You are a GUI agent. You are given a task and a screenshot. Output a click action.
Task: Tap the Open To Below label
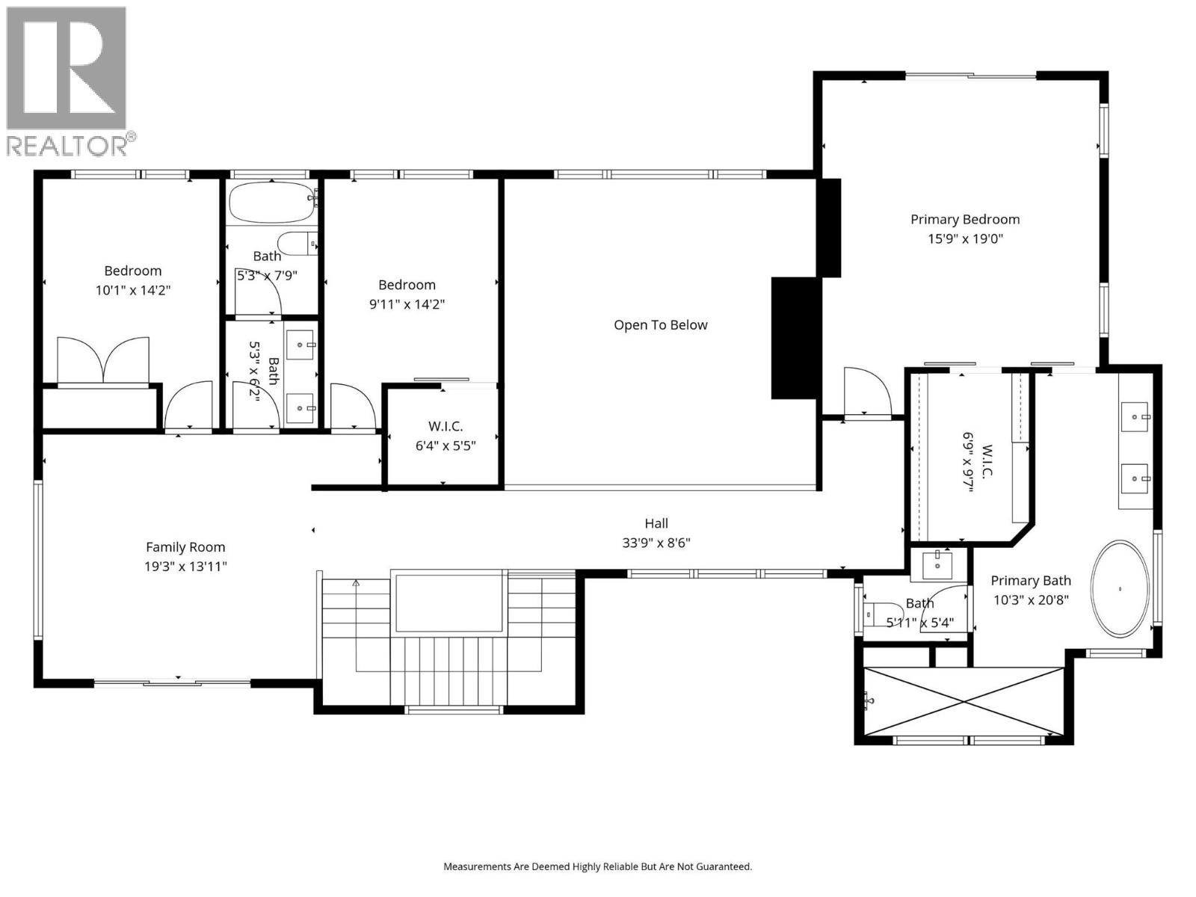pyautogui.click(x=660, y=325)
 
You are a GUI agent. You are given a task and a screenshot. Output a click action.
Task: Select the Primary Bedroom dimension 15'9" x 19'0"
pyautogui.click(x=964, y=239)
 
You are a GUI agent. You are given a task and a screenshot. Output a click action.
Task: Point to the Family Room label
pyautogui.click(x=185, y=547)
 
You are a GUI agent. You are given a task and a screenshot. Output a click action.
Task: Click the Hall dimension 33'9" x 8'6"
pyautogui.click(x=656, y=543)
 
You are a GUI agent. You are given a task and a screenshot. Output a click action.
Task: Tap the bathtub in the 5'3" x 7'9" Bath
pyautogui.click(x=271, y=202)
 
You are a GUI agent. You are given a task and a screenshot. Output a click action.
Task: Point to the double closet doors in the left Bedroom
pyautogui.click(x=104, y=360)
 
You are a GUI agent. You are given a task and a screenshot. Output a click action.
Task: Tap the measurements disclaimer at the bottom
pyautogui.click(x=597, y=867)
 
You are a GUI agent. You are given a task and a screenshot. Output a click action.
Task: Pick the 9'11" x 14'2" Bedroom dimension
pyautogui.click(x=407, y=304)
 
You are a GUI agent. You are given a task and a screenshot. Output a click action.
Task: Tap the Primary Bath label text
pyautogui.click(x=1031, y=581)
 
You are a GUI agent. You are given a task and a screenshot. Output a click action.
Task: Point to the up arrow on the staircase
pyautogui.click(x=357, y=583)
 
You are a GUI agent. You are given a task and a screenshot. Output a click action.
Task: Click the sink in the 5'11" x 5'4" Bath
pyautogui.click(x=937, y=565)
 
